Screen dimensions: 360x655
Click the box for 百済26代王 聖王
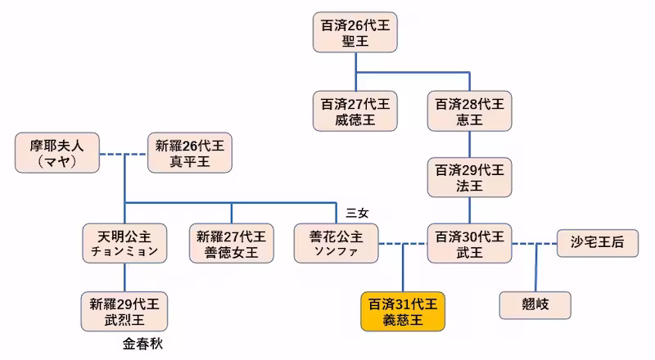coord(355,34)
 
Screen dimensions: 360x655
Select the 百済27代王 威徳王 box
coord(355,112)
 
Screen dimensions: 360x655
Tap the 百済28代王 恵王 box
coord(470,112)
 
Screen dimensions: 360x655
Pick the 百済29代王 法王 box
coord(470,178)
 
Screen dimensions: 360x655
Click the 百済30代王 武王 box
coord(470,244)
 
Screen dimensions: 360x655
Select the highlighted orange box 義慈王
coord(403,311)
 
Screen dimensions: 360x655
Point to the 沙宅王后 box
coord(595,243)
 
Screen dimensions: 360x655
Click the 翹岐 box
coord(535,304)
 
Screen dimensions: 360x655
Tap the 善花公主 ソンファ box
coord(337,244)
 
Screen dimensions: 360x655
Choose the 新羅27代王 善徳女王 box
coord(231,244)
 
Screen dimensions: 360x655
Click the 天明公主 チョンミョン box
coord(124,244)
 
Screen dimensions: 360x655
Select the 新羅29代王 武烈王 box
coord(124,311)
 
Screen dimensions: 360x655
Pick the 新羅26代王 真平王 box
coord(189,153)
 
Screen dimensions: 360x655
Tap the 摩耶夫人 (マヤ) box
coord(56,153)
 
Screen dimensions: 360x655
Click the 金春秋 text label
coord(143,344)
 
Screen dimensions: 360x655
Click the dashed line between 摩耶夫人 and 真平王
coord(123,153)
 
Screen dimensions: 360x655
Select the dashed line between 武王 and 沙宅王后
coord(535,243)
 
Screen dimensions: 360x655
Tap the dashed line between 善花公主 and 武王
coord(403,243)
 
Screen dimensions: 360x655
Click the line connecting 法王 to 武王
coord(470,209)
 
